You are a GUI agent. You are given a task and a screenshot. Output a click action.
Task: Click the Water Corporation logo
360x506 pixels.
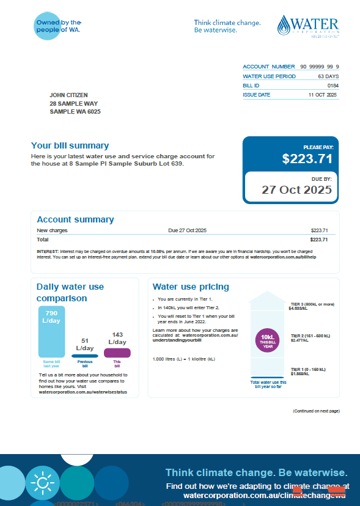tap(308, 26)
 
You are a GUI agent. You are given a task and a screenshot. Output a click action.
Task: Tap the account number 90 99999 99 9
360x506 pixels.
tap(319, 67)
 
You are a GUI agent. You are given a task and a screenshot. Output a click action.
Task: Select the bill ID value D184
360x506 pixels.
tap(332, 86)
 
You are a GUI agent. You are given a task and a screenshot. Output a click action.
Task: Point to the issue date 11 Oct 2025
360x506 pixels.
tap(323, 95)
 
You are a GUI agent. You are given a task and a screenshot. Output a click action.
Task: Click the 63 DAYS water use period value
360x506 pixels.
tap(328, 76)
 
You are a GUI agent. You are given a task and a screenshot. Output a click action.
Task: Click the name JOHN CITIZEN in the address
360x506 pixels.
tap(68, 95)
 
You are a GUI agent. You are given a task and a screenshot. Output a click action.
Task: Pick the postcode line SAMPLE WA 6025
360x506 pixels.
tap(75, 112)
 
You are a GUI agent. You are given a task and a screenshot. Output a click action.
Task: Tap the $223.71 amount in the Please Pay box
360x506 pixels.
tap(307, 159)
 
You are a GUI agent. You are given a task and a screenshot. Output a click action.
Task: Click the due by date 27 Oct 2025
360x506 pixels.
tap(296, 189)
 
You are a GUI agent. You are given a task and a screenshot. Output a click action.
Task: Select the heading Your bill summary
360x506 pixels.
tap(70, 146)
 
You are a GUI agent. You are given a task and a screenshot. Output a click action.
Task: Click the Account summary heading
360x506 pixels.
tap(75, 220)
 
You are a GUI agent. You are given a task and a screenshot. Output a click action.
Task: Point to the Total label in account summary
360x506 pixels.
tap(43, 240)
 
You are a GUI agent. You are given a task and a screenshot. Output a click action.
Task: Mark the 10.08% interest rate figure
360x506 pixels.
tap(159, 251)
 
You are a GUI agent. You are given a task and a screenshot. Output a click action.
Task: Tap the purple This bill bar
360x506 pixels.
tap(117, 353)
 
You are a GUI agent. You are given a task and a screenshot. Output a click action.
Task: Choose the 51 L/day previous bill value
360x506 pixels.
tap(85, 345)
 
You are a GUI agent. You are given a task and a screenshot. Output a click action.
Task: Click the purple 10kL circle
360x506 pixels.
tap(267, 340)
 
